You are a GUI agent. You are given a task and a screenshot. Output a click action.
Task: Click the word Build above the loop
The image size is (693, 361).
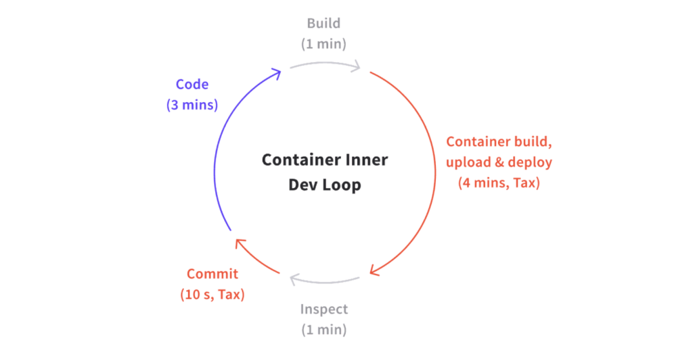[x=323, y=23]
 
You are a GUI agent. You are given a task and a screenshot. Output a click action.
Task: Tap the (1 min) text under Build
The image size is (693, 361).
[x=323, y=44]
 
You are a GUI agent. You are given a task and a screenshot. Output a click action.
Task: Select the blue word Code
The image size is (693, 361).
[x=192, y=84]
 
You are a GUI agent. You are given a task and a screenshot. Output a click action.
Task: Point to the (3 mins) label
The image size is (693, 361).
[x=192, y=105]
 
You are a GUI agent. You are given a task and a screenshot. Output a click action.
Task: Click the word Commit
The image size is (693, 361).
[x=212, y=274]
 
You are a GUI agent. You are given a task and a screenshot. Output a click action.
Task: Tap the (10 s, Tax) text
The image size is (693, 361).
[x=212, y=294]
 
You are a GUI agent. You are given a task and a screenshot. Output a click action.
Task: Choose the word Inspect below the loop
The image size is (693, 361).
[x=324, y=310]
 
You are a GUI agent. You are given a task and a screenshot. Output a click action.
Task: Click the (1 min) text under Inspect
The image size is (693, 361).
[x=324, y=330]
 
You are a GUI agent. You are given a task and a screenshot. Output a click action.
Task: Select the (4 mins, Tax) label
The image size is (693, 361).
[x=499, y=183]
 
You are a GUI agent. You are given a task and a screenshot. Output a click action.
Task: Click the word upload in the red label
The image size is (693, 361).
[x=468, y=162]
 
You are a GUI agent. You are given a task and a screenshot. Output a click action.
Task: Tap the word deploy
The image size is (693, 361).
[x=530, y=162]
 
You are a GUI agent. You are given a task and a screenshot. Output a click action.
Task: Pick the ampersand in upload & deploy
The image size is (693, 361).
[x=499, y=162]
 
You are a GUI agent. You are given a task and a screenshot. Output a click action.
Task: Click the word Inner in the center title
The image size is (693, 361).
[x=366, y=160]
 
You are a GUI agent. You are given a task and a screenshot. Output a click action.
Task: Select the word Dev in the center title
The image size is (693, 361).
[x=303, y=185]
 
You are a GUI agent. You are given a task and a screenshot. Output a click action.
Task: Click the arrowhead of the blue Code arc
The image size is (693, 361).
[x=277, y=73]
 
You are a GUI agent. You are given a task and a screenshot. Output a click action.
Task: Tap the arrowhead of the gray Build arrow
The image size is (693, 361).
[x=356, y=67]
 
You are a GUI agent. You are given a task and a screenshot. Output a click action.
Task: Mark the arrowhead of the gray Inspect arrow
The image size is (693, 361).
[x=295, y=279]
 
